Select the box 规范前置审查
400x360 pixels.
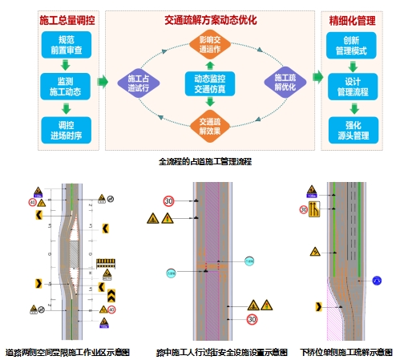pyautogui.click(x=64, y=44)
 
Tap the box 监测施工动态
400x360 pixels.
pyautogui.click(x=64, y=84)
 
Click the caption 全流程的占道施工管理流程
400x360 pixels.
pyautogui.click(x=205, y=161)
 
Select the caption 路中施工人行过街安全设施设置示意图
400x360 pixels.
pyautogui.click(x=221, y=351)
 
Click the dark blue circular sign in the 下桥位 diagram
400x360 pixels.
pyautogui.click(x=377, y=281)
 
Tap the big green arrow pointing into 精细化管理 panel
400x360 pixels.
pyautogui.click(x=318, y=77)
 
